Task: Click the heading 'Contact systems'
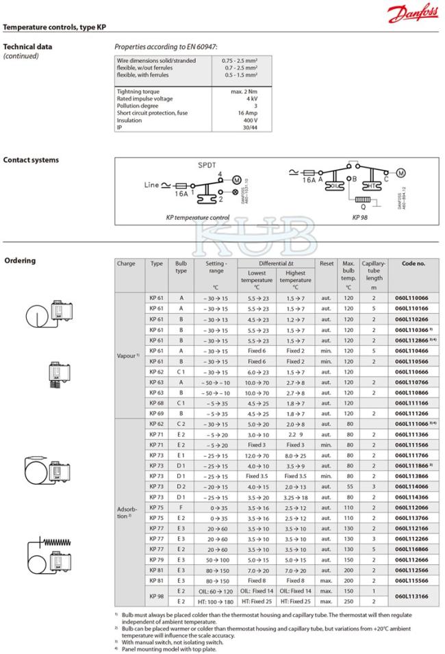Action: coord(31,160)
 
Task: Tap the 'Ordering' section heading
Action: coord(21,260)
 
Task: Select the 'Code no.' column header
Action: coord(413,264)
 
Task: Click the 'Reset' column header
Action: coord(326,264)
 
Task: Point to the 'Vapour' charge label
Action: coord(129,356)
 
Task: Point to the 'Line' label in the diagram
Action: coord(151,185)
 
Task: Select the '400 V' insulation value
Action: coord(249,120)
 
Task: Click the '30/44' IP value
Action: coord(249,127)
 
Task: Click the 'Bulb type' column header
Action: coord(181,267)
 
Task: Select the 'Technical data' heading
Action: coord(27,47)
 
